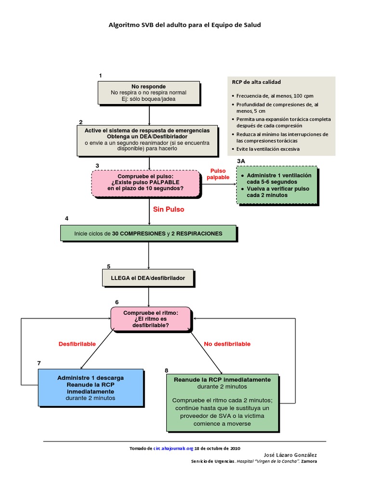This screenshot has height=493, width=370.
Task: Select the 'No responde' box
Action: (149, 93)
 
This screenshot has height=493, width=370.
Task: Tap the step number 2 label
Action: (81, 122)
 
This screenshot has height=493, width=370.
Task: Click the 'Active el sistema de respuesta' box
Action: (147, 141)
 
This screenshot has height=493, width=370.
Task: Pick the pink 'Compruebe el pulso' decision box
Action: (145, 183)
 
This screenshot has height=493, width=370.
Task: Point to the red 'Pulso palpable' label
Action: (218, 174)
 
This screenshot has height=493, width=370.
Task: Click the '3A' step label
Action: (241, 161)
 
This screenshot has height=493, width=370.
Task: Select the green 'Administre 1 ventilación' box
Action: (277, 185)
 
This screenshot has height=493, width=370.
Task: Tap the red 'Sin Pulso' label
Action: (169, 209)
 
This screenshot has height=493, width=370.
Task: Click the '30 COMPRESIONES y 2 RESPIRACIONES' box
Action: (148, 233)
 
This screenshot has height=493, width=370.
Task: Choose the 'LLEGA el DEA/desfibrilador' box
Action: (148, 278)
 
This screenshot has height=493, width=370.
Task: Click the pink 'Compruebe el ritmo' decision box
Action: (151, 319)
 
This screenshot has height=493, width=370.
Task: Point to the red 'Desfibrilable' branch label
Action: (77, 344)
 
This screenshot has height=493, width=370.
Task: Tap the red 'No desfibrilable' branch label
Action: (227, 344)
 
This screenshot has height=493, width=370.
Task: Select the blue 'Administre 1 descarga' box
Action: (91, 388)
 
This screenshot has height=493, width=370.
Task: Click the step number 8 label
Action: (166, 370)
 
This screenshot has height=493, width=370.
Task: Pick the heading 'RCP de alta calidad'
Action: (256, 82)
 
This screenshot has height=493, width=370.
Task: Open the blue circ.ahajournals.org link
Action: (173, 448)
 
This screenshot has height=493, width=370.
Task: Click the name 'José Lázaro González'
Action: (290, 455)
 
